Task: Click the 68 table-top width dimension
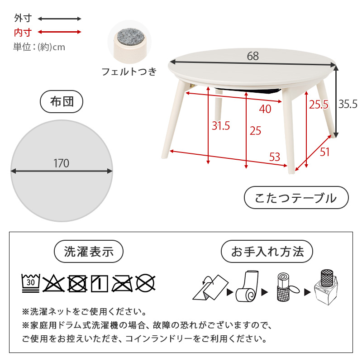(253, 56)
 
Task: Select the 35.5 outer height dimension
(348, 104)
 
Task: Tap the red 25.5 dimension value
(319, 105)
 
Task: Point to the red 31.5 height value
(221, 126)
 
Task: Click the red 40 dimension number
(265, 109)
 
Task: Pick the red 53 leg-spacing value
(275, 157)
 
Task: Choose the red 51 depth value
(324, 152)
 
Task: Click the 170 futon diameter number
(62, 163)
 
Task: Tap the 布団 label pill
(62, 101)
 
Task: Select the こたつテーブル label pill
(296, 198)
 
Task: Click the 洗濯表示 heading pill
(89, 252)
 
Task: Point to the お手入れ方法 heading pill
(267, 252)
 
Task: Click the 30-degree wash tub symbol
(31, 283)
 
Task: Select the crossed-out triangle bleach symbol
(53, 283)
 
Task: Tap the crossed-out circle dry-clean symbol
(145, 283)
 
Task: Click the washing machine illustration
(326, 287)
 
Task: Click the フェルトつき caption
(129, 72)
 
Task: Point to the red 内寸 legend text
(23, 32)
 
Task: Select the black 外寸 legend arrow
(60, 19)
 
